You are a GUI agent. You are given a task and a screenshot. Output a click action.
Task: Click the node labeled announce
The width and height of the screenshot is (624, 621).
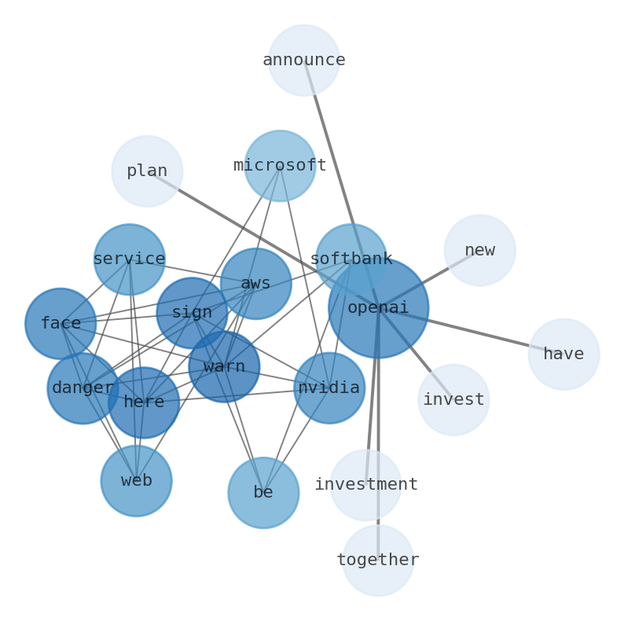(x=304, y=61)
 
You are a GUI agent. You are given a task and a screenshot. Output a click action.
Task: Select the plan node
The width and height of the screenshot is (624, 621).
(x=147, y=171)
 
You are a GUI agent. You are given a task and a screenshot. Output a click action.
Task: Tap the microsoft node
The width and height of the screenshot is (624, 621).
(x=280, y=166)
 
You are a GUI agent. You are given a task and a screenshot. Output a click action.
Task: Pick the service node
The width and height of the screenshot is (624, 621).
(x=130, y=259)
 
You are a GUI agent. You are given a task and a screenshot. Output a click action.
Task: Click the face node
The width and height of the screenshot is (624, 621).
(x=61, y=324)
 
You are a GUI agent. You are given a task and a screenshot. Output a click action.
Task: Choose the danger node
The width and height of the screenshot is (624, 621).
(x=83, y=388)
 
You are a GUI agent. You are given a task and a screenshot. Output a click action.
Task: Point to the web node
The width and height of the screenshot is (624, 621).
(x=137, y=481)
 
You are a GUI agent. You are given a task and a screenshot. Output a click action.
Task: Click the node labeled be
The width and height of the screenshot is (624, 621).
(x=263, y=493)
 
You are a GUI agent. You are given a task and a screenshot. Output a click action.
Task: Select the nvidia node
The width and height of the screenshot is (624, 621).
(x=329, y=388)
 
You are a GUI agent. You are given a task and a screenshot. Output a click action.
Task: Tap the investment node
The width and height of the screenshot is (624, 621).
(x=365, y=485)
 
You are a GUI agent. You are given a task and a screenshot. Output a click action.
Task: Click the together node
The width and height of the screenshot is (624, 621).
(x=378, y=560)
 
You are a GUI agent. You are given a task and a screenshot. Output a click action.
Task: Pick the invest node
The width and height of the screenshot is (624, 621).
(x=453, y=400)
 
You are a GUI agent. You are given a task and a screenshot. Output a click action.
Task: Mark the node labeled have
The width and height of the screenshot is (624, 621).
(x=563, y=355)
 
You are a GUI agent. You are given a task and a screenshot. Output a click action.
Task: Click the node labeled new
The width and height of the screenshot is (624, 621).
(x=479, y=251)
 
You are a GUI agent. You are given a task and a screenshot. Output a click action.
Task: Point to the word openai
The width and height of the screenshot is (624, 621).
(x=378, y=308)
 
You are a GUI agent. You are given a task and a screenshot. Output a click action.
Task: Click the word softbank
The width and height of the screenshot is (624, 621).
(x=351, y=259)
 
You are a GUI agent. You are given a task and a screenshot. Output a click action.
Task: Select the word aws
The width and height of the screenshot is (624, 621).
(x=255, y=284)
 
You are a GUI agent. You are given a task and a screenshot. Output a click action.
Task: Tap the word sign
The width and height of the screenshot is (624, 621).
(x=192, y=313)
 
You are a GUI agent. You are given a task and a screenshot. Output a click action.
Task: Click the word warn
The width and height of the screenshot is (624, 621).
(x=224, y=367)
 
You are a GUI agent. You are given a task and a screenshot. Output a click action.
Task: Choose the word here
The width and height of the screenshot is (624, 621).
(x=144, y=402)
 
